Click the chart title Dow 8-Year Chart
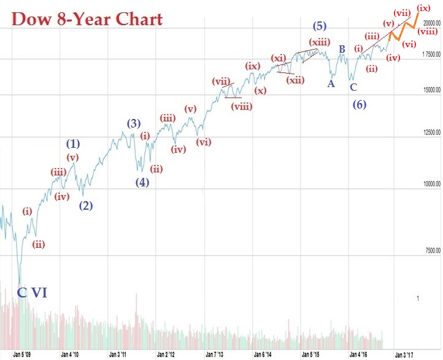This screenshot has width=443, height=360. [87, 19]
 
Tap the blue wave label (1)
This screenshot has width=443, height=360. [73, 144]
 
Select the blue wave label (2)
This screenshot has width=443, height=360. [86, 205]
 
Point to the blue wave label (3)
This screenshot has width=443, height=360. [134, 123]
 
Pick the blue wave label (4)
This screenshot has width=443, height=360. [142, 182]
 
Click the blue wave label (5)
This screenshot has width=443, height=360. [319, 26]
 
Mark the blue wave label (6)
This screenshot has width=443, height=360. [360, 104]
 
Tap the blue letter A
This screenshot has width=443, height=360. [331, 83]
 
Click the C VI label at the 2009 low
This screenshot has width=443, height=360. [31, 293]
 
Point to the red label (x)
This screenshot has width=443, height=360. [261, 91]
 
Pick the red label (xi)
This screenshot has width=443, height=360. [279, 58]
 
